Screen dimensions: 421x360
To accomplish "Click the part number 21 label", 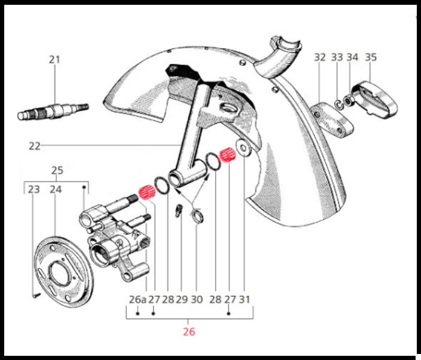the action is (x=54, y=59).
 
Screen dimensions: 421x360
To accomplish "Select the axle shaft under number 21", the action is (x=53, y=111).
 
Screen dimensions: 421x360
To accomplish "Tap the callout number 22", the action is (x=35, y=146).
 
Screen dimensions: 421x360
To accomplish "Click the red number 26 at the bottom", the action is (x=189, y=332).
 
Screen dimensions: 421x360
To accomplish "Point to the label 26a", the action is (x=138, y=299).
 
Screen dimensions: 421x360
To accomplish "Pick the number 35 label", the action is (x=371, y=57).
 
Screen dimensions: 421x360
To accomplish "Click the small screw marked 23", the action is (x=37, y=295).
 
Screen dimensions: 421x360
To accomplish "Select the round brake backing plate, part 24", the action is (x=64, y=272).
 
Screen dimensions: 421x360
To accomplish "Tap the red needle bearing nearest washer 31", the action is (x=228, y=155).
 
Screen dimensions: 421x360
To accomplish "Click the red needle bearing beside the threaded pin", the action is (x=147, y=193).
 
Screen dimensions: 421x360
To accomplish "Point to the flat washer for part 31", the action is (x=243, y=148).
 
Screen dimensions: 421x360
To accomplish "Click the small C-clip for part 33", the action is (x=338, y=104).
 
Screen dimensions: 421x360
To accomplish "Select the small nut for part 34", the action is (x=348, y=101).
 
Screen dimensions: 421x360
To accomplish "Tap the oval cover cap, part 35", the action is (x=375, y=100).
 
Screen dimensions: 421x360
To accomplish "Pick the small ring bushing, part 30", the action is (x=197, y=217).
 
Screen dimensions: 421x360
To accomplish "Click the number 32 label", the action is (x=320, y=57).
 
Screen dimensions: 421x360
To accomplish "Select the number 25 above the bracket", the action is (x=57, y=170).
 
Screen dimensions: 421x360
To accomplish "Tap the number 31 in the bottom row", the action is (x=244, y=299).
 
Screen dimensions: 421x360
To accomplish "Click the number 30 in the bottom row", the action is (x=197, y=299).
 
